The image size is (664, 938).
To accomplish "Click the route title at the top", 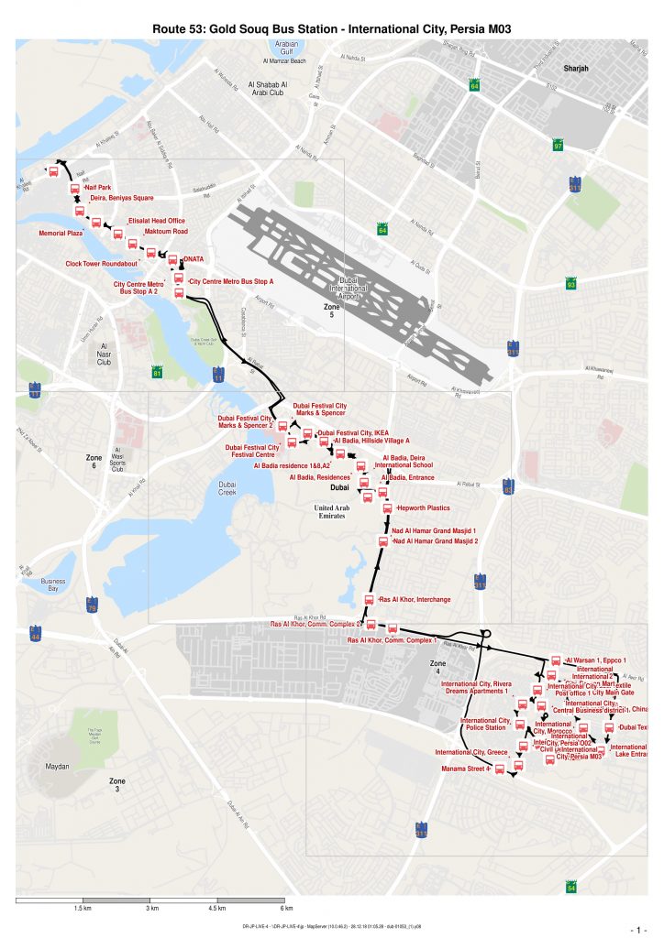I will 331,29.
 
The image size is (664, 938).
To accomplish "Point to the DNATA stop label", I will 193,259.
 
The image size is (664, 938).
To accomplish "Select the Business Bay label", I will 53,585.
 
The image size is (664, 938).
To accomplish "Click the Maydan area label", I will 45,766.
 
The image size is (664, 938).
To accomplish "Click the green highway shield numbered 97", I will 558,147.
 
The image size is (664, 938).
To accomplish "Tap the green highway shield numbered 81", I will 158,373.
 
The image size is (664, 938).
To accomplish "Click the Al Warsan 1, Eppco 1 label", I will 597,660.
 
